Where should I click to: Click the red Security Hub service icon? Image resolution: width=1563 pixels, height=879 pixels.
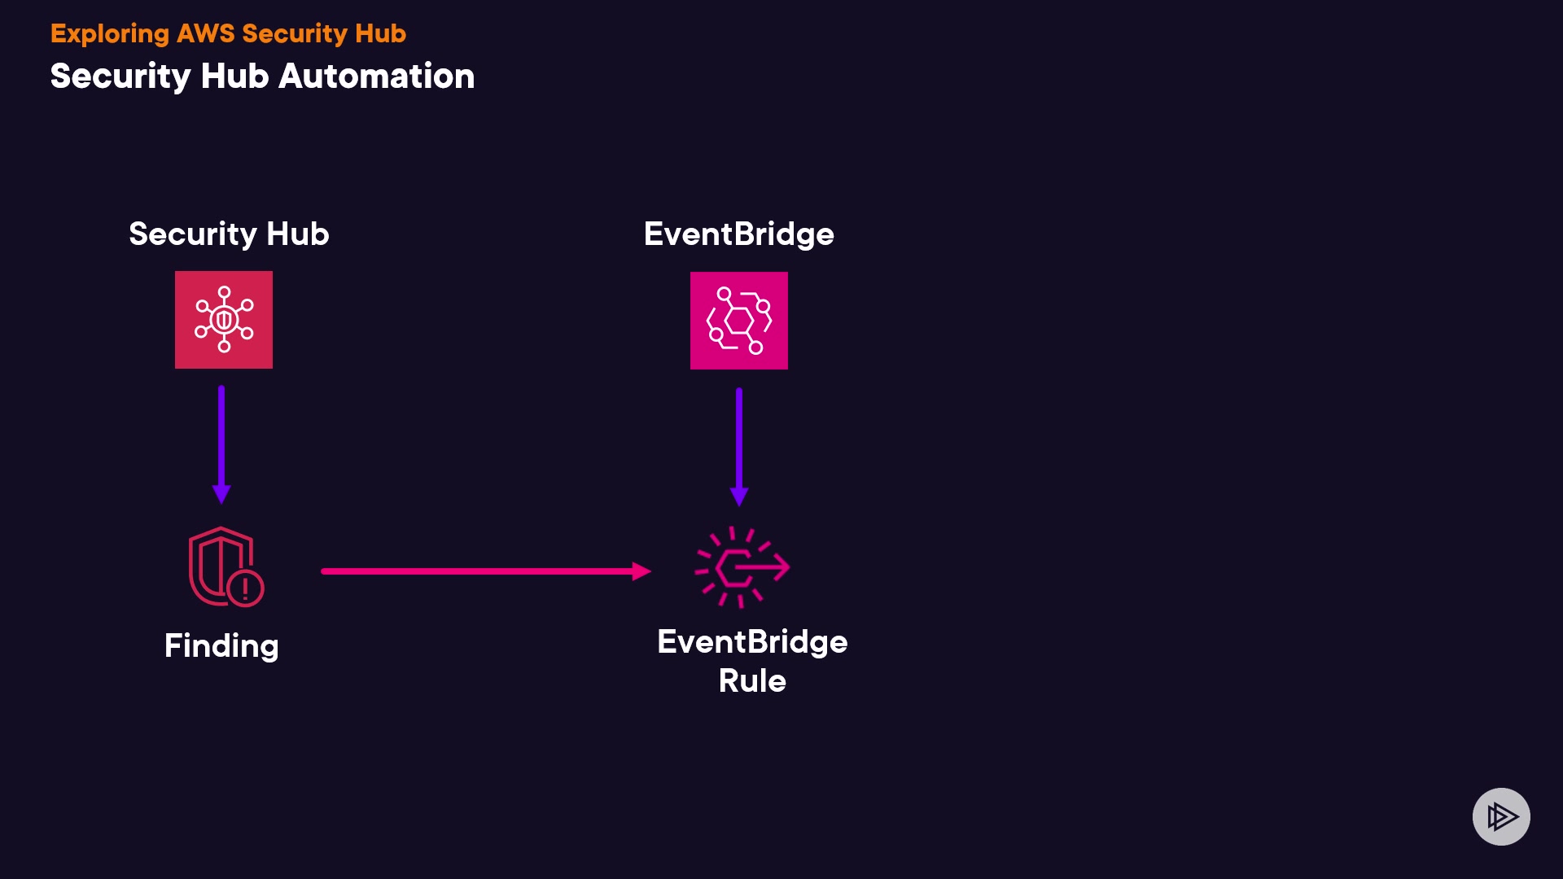224,320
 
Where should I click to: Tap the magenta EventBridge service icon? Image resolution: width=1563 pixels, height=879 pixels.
738,321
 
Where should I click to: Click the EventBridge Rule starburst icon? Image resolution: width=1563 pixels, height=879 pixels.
741,567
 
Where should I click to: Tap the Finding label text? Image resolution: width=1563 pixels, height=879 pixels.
221,646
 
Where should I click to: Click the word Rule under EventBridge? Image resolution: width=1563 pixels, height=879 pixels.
752,681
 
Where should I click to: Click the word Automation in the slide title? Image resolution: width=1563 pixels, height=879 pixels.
376,77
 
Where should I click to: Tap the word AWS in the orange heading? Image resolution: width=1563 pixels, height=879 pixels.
205,33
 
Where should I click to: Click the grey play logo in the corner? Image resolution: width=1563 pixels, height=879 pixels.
1501,816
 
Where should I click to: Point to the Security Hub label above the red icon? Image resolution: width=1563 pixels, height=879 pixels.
229,234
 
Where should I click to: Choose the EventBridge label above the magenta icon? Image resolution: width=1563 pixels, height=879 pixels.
738,234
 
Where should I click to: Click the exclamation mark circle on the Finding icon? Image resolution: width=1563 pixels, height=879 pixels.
245,588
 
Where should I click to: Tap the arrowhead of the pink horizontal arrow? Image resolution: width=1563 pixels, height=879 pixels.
641,571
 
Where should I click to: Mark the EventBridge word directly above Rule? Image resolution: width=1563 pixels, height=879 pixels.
752,642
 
